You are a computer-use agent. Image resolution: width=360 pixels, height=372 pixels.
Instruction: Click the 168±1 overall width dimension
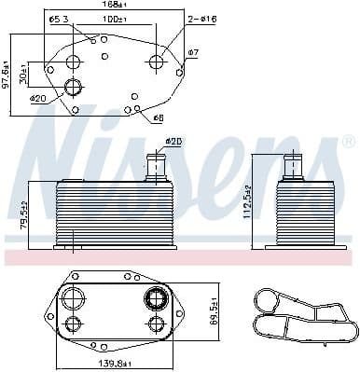click(115, 5)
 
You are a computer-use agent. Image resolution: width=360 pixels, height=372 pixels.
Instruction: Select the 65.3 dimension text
click(57, 20)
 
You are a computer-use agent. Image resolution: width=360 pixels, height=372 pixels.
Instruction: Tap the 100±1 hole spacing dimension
click(115, 20)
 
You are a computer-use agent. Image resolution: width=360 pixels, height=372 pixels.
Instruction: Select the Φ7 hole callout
click(193, 51)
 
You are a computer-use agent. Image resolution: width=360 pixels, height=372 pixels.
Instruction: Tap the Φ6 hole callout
click(158, 118)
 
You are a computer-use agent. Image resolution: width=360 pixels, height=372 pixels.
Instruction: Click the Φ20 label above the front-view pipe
click(173, 141)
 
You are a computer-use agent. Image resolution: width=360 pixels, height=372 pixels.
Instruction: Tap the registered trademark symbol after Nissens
click(348, 142)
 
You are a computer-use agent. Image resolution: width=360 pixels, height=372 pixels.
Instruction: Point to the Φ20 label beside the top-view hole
click(37, 98)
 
